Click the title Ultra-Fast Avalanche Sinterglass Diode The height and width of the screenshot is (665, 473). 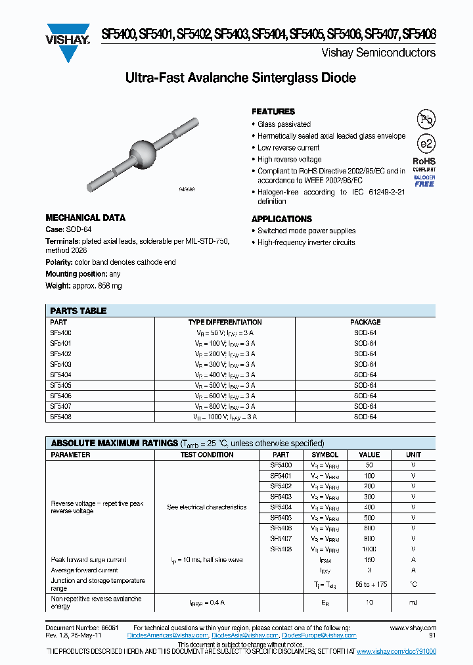(x=240, y=78)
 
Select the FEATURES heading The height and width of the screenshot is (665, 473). (x=273, y=112)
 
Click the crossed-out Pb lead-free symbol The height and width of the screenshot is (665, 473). (x=426, y=119)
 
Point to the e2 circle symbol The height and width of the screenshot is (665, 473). (x=426, y=143)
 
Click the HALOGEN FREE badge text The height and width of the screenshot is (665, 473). (x=424, y=181)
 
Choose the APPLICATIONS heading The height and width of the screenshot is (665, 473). (x=282, y=219)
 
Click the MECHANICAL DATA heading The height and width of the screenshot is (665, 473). (x=85, y=218)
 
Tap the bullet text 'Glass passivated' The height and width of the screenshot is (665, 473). (x=284, y=124)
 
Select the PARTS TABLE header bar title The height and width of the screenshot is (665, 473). (x=79, y=311)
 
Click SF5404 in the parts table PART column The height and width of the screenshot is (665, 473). (x=60, y=375)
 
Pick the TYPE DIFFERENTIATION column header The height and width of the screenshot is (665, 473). (x=225, y=322)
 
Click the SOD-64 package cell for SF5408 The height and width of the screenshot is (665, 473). (x=365, y=417)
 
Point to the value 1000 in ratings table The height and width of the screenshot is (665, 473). (x=369, y=549)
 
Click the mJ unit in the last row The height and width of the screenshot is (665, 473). (x=413, y=602)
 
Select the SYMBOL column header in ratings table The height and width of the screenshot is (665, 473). (x=325, y=455)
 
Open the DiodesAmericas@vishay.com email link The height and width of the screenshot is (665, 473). (x=171, y=635)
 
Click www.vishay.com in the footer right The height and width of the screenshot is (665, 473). (x=413, y=628)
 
